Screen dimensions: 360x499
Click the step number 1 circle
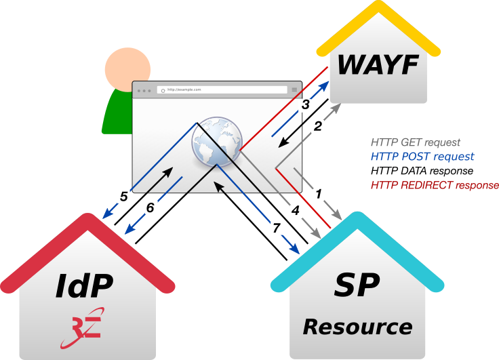tap(319, 194)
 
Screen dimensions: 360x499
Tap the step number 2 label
tap(317, 125)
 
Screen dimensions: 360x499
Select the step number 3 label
tap(306, 105)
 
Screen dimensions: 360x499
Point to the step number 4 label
tap(295, 211)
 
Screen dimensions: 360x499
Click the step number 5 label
tap(124, 197)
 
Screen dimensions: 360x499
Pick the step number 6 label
tap(151, 207)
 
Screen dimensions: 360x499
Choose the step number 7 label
tap(276, 228)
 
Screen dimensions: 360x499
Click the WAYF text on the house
tap(378, 65)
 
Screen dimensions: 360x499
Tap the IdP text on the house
tap(83, 287)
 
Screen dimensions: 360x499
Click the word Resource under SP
tap(357, 327)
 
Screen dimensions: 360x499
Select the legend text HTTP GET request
tap(415, 142)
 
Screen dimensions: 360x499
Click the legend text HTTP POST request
tap(422, 157)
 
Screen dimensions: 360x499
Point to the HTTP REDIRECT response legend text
tap(435, 185)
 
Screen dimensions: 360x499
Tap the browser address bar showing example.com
tap(222, 89)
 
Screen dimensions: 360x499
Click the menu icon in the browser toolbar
tap(294, 89)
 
